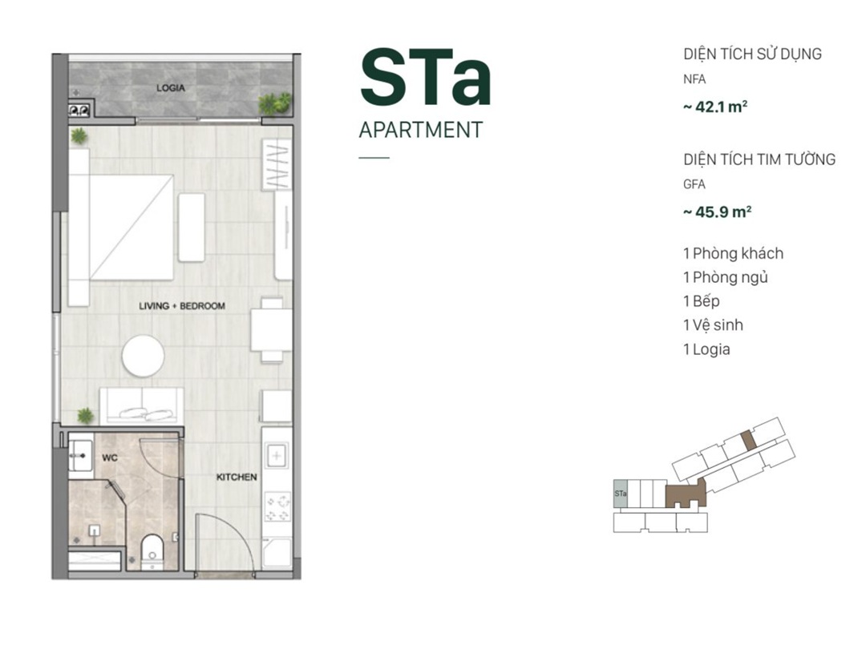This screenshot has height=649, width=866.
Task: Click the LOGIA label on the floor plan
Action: pos(170,88)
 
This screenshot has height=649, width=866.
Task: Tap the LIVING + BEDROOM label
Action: pos(182,306)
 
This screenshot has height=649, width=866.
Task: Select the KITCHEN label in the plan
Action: pos(237,477)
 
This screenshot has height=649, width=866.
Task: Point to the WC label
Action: pos(110,458)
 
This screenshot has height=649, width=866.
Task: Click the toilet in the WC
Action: pos(152,551)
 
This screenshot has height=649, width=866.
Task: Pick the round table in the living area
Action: pos(143,356)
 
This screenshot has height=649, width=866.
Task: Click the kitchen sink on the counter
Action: pos(277,456)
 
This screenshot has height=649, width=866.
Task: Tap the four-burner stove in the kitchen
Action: pos(277,508)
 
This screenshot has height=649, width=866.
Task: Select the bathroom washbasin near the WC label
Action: pos(81,455)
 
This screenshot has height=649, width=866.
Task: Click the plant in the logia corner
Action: pos(274,103)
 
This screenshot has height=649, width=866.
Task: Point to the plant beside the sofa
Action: pos(85,416)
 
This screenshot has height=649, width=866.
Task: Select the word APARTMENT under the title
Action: pos(421,130)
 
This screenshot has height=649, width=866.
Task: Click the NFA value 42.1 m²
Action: pos(716,107)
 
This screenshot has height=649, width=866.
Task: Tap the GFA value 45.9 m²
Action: pos(718,212)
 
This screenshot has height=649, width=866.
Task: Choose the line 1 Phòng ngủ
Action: pos(725,277)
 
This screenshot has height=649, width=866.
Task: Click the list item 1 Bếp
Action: pos(702,300)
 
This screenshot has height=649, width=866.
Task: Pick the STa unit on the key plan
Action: pos(620,493)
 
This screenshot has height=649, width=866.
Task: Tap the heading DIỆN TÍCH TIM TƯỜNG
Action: pos(759,159)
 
